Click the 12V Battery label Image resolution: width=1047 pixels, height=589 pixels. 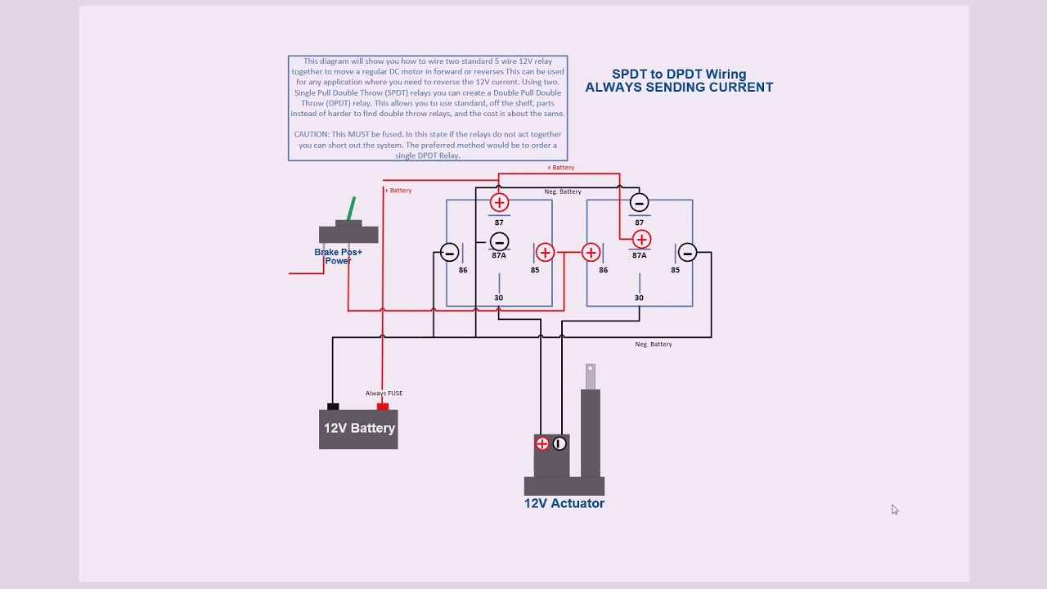pos(359,428)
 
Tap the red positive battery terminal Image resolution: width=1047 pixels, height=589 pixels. pos(382,406)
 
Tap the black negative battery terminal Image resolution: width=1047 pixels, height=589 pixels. pos(333,406)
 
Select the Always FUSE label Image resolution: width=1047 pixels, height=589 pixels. pos(384,393)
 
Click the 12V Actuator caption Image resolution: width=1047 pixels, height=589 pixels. pos(564,503)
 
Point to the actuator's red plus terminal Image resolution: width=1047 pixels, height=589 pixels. pos(542,443)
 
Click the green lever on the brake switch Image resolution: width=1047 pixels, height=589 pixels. pos(353,208)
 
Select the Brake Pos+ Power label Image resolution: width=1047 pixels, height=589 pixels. pos(338,256)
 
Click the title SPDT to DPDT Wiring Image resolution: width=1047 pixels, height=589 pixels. pos(679,74)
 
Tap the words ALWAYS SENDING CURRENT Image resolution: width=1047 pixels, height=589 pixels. pos(679,88)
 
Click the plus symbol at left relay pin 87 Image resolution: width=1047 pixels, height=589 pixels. pos(499,202)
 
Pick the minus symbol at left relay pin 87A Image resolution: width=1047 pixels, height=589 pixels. pos(499,241)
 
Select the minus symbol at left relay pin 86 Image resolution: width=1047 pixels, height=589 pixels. pos(449,253)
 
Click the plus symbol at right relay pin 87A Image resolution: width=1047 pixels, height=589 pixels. pos(641,240)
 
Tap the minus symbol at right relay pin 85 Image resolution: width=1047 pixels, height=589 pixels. pos(687,253)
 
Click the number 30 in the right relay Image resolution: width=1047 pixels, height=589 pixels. pos(639,298)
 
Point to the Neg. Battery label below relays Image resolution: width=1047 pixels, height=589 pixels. pos(653,344)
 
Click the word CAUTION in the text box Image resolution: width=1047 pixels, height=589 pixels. pos(312,134)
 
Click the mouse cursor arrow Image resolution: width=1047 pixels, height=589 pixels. pos(894,509)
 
